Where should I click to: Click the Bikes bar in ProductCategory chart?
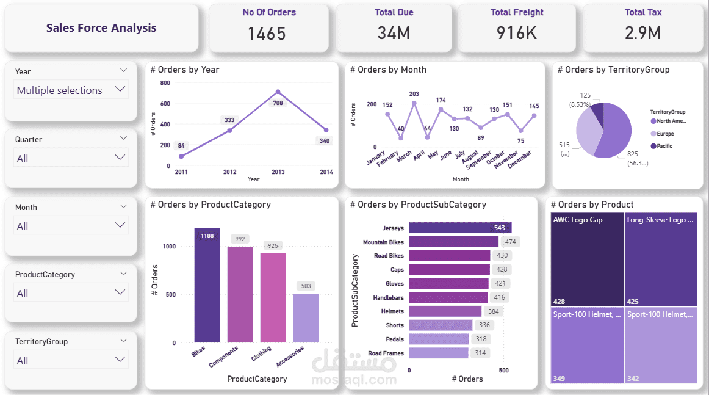207,287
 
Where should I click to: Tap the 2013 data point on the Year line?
278,92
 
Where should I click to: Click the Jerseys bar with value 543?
459,228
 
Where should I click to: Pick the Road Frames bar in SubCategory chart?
438,353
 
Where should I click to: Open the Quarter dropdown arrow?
120,158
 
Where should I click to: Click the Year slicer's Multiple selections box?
71,90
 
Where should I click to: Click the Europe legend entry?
665,134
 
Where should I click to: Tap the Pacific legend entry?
664,146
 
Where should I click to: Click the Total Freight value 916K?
516,33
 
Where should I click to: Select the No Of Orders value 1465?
267,33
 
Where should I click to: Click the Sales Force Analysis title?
101,28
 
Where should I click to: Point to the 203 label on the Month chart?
414,94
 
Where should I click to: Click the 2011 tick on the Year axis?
181,172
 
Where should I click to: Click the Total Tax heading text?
643,12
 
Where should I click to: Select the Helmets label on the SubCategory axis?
392,311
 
